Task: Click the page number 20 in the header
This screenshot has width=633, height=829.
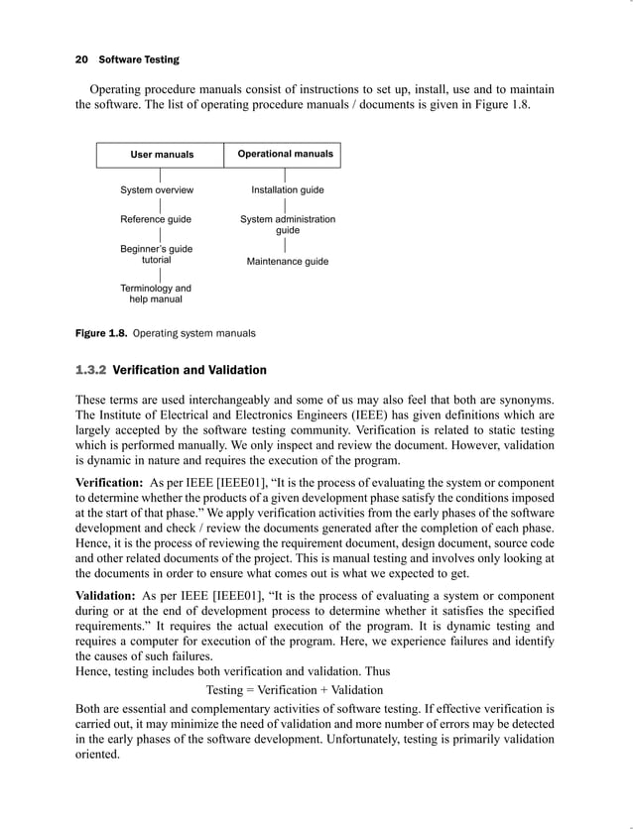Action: [x=82, y=59]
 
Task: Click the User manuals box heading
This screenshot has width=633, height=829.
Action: [x=162, y=155]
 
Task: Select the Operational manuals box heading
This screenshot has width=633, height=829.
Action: [x=286, y=154]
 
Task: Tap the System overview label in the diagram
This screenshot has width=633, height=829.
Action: [x=157, y=190]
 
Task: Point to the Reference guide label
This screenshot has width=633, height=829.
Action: [x=156, y=219]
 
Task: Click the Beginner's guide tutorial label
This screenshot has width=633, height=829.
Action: [x=157, y=255]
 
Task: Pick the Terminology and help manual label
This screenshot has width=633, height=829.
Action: [x=156, y=294]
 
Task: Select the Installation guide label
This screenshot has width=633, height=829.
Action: [x=288, y=190]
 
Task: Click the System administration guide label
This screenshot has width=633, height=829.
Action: [x=288, y=224]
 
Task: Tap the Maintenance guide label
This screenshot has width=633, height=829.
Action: [x=288, y=262]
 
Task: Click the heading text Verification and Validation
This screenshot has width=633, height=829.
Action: [x=190, y=371]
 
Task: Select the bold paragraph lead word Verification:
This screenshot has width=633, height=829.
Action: [x=112, y=481]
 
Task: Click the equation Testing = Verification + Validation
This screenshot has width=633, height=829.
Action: [x=294, y=689]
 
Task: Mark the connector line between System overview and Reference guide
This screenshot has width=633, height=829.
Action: [x=161, y=205]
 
